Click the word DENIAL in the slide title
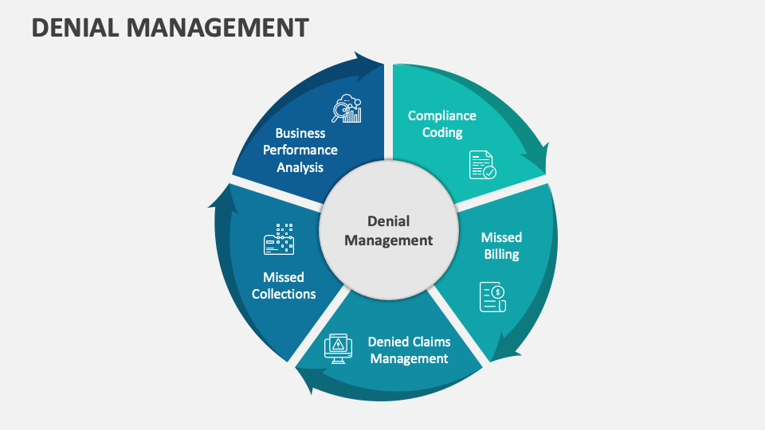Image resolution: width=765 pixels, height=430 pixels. [x=75, y=27]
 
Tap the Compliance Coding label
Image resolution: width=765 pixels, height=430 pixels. [x=441, y=124]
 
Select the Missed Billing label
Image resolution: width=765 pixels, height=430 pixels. [x=501, y=246]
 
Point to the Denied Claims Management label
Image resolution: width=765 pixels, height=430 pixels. [x=408, y=350]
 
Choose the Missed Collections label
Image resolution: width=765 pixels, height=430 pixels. [x=284, y=285]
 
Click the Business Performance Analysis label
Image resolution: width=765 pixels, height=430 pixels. [x=300, y=150]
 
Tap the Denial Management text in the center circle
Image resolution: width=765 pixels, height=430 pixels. [x=388, y=230]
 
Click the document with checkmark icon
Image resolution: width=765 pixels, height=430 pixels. [x=482, y=165]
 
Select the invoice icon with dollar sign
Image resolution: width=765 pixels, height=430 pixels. [x=492, y=296]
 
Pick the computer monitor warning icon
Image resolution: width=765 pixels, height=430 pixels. [x=338, y=348]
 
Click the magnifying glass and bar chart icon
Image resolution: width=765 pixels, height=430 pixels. [x=347, y=108]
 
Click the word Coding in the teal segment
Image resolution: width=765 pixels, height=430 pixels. [x=442, y=133]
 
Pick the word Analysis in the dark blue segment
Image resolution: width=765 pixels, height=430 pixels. [x=300, y=167]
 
